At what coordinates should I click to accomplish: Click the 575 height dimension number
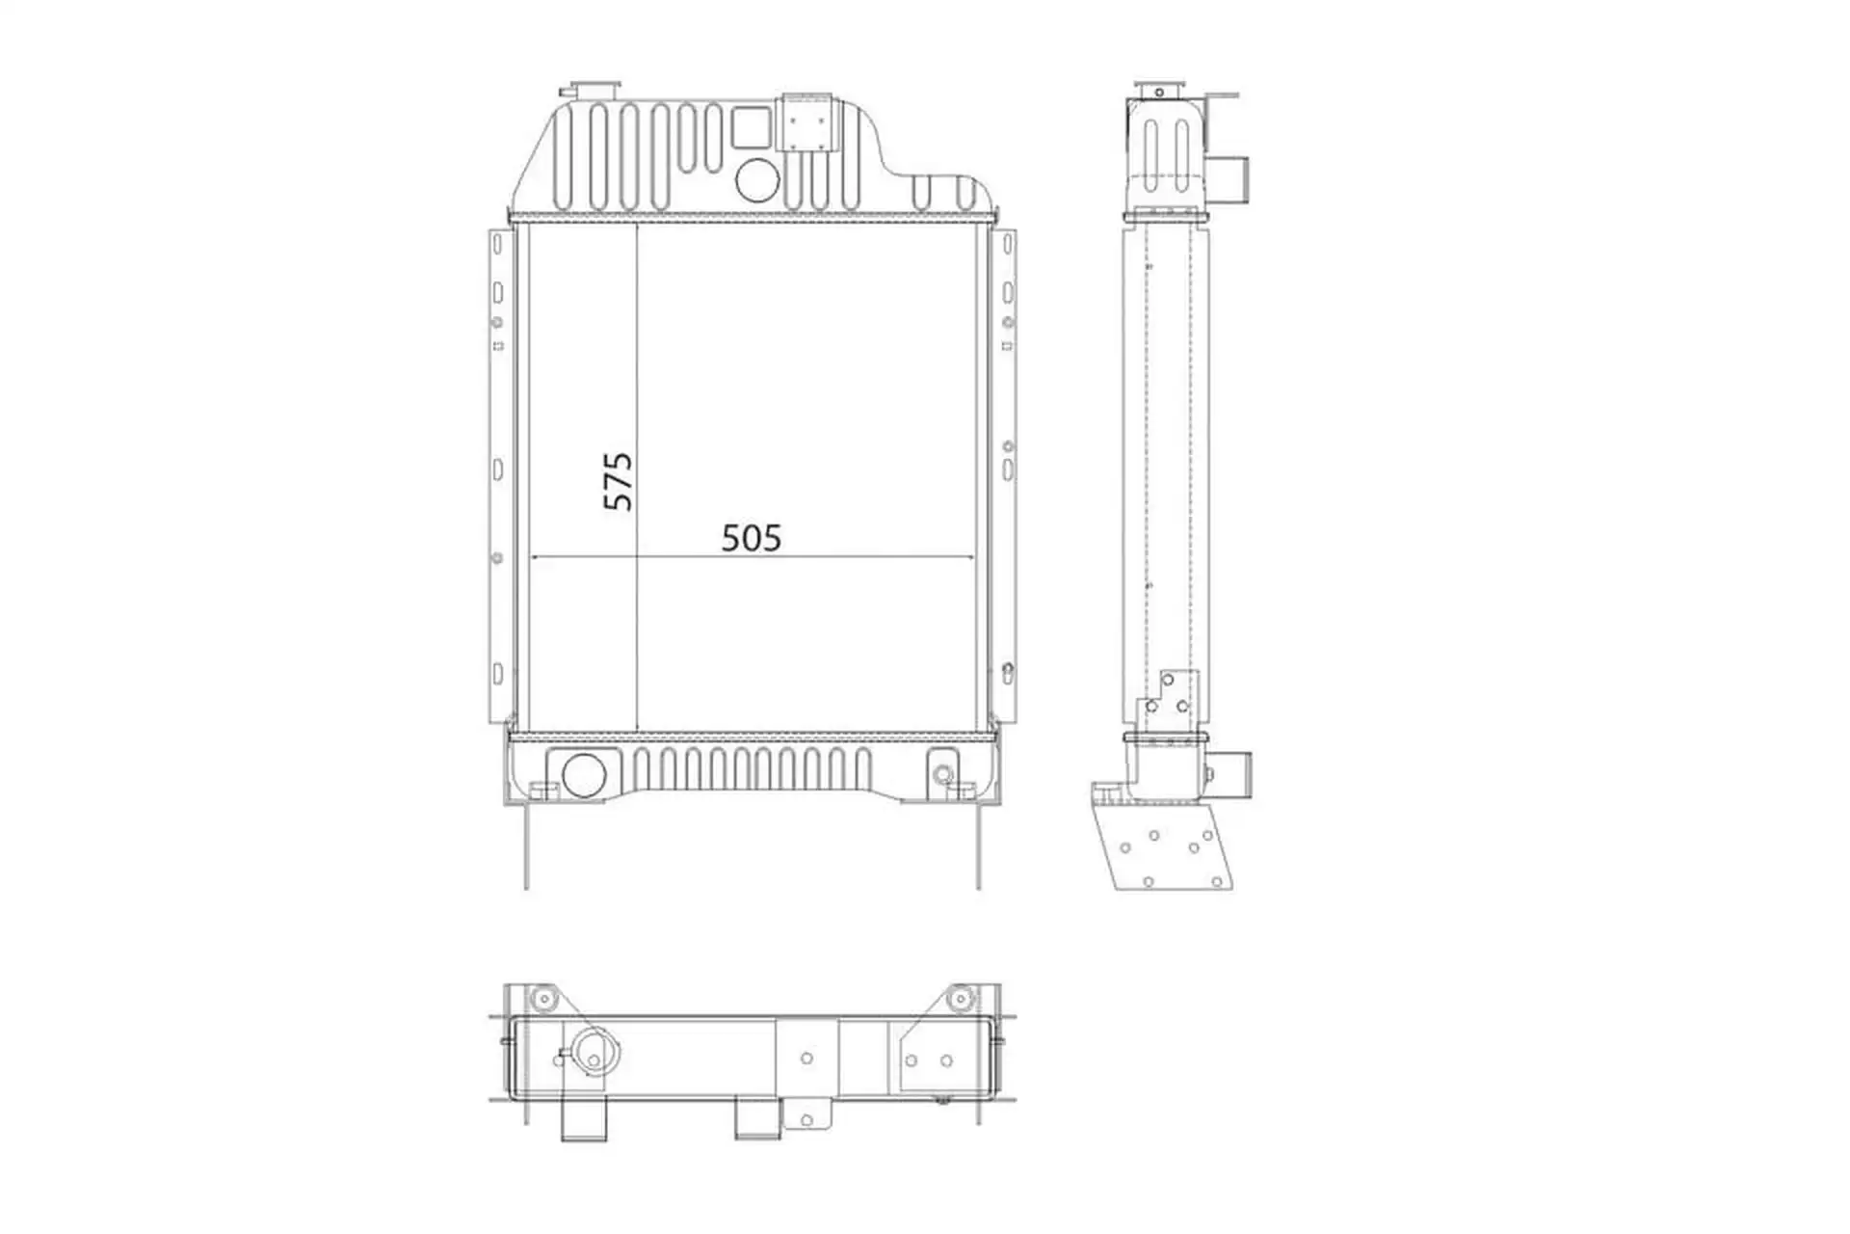(x=618, y=481)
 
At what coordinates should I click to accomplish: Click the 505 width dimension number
(x=752, y=538)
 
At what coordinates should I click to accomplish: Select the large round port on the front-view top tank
(x=756, y=179)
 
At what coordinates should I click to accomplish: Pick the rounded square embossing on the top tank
(x=752, y=126)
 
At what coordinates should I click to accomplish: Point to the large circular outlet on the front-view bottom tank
(x=583, y=774)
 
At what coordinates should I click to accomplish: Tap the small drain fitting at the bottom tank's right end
(x=942, y=773)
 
